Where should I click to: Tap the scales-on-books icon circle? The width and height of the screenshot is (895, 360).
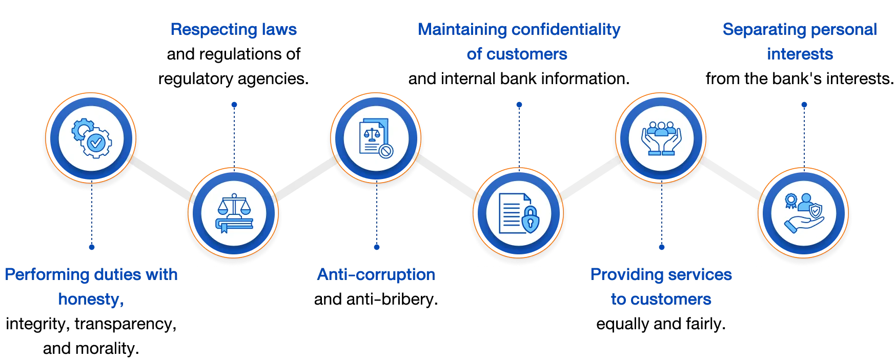coord(233,212)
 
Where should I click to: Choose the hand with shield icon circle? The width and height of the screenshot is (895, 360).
coord(803,212)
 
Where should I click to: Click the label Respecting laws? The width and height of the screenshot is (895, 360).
coord(233,29)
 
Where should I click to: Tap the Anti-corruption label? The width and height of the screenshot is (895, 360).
coord(376,275)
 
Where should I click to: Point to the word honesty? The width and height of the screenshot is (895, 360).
coord(90,299)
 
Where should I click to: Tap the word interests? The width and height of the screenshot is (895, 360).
coord(800,54)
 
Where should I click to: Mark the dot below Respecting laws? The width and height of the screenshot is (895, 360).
coord(234,105)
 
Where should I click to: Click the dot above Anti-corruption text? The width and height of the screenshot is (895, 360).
coord(377,247)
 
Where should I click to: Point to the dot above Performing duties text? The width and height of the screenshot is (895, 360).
coord(91,247)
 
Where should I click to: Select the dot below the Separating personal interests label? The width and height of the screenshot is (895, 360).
coord(804,105)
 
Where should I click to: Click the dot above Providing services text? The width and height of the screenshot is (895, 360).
coord(661,247)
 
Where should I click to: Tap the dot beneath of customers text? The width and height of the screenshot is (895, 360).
coord(519,105)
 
